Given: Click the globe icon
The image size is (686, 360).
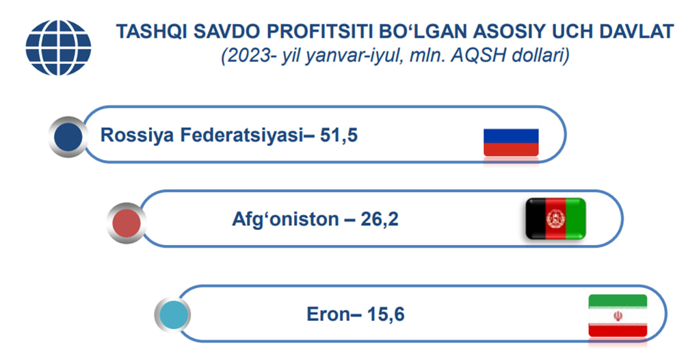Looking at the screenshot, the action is [x=58, y=47].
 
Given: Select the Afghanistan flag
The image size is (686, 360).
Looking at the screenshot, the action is [x=555, y=218].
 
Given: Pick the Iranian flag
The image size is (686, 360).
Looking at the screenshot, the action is [x=618, y=316].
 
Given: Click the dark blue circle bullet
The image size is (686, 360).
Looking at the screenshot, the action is [x=68, y=137].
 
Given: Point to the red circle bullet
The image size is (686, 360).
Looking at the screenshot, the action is [x=127, y=223].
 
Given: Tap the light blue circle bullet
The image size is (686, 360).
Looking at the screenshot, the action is [x=173, y=314].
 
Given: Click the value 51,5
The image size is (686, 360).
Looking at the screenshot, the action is [x=339, y=136].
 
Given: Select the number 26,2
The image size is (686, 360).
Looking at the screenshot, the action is [x=380, y=220].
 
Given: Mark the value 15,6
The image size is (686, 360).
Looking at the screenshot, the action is [x=386, y=314].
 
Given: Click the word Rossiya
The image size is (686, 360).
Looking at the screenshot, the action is [x=137, y=136].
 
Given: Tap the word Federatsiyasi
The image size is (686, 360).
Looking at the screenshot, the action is [x=241, y=135].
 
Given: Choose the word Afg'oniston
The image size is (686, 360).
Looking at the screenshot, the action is [x=285, y=219].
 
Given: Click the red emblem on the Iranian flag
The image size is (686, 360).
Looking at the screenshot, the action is [x=618, y=316].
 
